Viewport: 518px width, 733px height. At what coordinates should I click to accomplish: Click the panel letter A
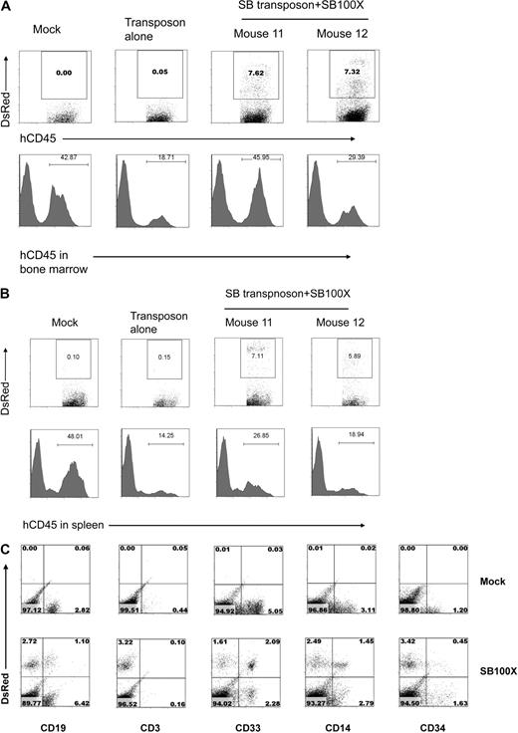click(x=7, y=7)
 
